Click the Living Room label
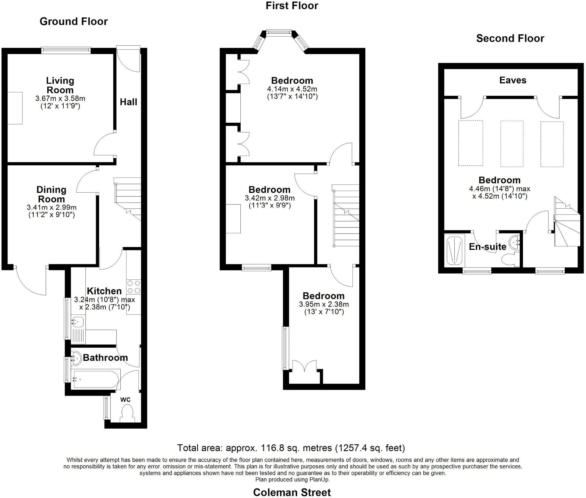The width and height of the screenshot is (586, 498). [60, 85]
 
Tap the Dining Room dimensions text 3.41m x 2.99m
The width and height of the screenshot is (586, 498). [51, 207]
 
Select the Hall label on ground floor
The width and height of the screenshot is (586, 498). [128, 102]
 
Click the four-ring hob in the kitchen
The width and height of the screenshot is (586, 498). [134, 287]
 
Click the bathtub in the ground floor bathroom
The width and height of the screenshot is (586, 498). [96, 379]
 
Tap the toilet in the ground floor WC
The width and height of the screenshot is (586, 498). [127, 413]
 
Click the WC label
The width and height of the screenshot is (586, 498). [125, 400]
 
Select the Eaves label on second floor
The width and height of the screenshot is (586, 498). [513, 80]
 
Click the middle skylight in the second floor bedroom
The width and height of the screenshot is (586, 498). [512, 144]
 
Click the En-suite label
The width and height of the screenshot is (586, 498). [487, 247]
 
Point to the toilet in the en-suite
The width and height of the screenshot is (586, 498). [510, 259]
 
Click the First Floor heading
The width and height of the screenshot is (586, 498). [292, 6]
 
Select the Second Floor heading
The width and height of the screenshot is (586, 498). [510, 38]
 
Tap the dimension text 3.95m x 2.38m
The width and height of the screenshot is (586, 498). [324, 304]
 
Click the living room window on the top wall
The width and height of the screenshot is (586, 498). [66, 50]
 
